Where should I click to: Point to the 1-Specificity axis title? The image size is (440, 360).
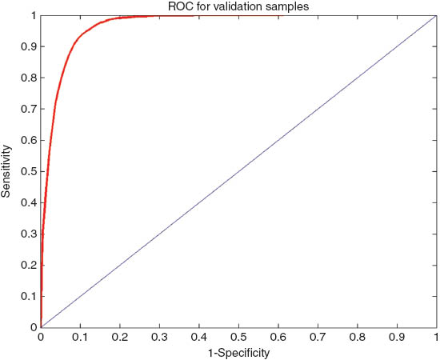coord(238,350)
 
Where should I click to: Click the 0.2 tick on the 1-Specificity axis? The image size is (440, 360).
coord(120,337)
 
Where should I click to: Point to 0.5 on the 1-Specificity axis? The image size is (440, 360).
coord(238,337)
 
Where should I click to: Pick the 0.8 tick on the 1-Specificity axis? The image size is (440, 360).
coord(358,337)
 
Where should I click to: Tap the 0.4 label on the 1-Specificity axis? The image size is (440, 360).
coord(199,337)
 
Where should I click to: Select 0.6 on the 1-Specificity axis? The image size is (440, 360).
coord(278,337)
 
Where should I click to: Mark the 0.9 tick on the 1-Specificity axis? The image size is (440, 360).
coord(397,337)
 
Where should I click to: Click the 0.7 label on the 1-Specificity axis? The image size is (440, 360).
coord(318,337)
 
